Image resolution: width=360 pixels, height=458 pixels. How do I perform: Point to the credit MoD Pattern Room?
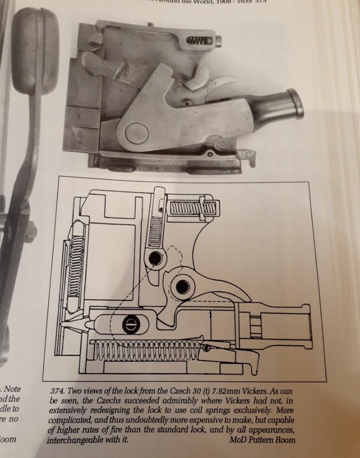[x=263, y=439]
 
